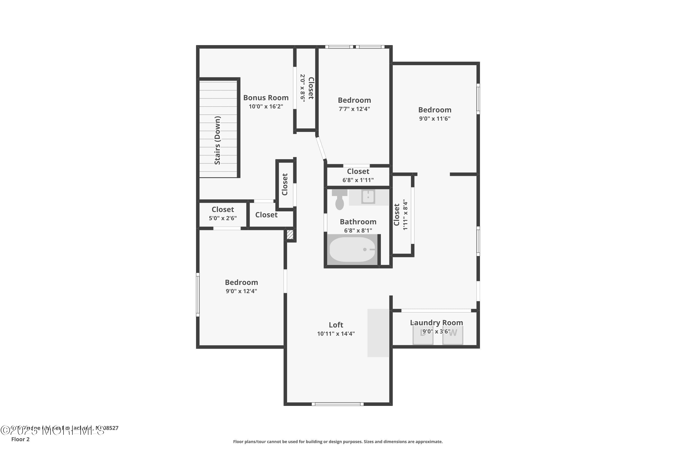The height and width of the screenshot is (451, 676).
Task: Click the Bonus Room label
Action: coord(266,98)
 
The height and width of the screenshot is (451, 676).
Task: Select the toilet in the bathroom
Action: coord(339,200)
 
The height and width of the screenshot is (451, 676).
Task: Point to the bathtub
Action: coord(352,249)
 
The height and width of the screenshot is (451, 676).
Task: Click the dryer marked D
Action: coord(423,335)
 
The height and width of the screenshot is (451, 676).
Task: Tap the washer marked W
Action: coord(453,335)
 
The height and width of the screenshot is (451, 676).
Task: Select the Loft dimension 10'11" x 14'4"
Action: coord(336,334)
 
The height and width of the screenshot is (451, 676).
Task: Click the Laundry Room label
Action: coord(436,323)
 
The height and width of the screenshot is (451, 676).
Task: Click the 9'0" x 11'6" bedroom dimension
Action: coord(435,119)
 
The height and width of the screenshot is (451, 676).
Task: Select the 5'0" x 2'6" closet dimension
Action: coord(223,218)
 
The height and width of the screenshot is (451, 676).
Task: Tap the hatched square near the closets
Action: coord(290,235)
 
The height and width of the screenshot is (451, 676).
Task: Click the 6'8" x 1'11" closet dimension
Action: coord(358,180)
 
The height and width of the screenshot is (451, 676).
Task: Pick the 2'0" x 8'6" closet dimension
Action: coord(303,88)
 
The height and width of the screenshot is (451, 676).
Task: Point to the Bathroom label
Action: coord(358,222)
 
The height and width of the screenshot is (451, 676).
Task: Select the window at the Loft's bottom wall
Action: coord(338,404)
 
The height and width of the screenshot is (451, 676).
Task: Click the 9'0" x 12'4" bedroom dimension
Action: coord(241,291)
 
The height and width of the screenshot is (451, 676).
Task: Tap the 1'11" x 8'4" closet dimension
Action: coord(405,215)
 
